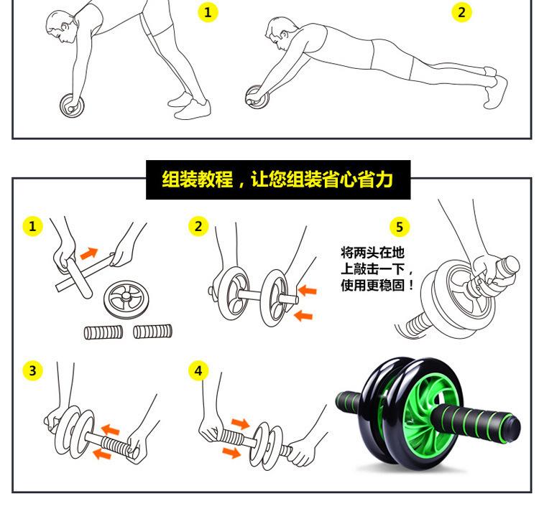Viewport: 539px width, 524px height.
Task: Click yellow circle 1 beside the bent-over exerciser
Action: [208, 12]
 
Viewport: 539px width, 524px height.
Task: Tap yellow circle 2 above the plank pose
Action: [461, 12]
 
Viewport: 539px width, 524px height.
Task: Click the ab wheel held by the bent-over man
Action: [72, 105]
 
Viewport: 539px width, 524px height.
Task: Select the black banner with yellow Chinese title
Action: [278, 179]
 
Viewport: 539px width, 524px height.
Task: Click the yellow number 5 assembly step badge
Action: [400, 227]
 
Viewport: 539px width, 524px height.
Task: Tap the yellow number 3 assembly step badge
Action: [32, 370]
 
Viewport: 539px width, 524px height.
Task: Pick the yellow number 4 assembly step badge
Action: [198, 370]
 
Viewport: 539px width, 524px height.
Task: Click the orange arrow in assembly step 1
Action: [88, 253]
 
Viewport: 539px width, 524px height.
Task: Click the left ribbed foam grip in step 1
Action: [103, 332]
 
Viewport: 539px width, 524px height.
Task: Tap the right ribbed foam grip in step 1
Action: [152, 332]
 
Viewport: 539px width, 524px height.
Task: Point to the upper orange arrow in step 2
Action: [308, 291]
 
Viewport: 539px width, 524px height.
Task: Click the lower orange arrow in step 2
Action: [303, 315]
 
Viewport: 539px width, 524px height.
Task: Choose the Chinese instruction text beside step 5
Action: [377, 269]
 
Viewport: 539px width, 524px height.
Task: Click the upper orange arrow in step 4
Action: [241, 424]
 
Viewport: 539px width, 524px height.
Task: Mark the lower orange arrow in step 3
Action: [102, 454]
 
